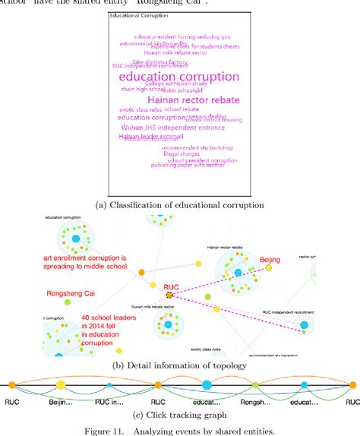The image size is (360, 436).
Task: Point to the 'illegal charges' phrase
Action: (181, 153)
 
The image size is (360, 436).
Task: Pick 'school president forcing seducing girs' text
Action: (182, 36)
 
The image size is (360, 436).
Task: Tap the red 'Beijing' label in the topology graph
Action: (270, 260)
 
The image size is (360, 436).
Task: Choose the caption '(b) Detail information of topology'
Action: (179, 365)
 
